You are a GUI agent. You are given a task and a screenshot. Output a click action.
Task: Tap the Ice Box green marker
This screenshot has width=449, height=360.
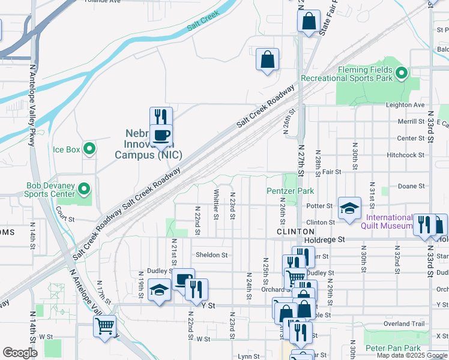[89, 148]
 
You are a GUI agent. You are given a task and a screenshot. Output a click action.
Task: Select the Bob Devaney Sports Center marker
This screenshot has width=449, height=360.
[84, 190]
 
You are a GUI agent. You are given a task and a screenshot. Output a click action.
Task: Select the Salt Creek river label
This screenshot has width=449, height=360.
[203, 22]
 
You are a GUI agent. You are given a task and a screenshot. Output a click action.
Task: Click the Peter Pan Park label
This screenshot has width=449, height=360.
[393, 348]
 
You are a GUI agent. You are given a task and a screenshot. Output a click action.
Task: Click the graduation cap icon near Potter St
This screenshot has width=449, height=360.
[350, 208]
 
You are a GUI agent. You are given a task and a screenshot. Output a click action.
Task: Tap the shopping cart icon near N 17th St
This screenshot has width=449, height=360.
[104, 326]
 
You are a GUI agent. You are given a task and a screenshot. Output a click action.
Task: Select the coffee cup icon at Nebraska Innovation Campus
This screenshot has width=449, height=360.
[161, 135]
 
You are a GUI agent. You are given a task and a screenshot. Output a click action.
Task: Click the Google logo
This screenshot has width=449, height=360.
[20, 353]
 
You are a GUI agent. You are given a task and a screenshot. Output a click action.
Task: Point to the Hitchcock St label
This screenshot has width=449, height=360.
[406, 155]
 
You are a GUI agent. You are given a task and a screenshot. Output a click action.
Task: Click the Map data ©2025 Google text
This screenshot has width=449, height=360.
[412, 356]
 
